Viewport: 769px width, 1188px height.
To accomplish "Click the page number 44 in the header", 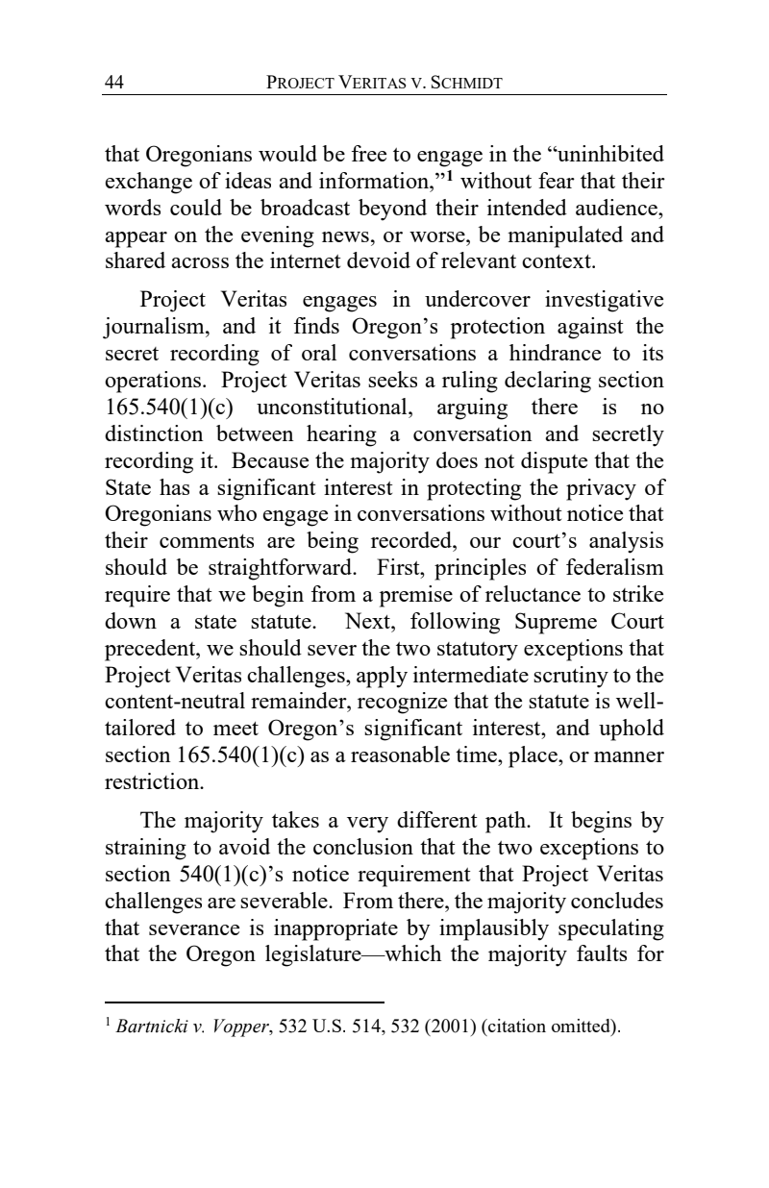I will point(113,83).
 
